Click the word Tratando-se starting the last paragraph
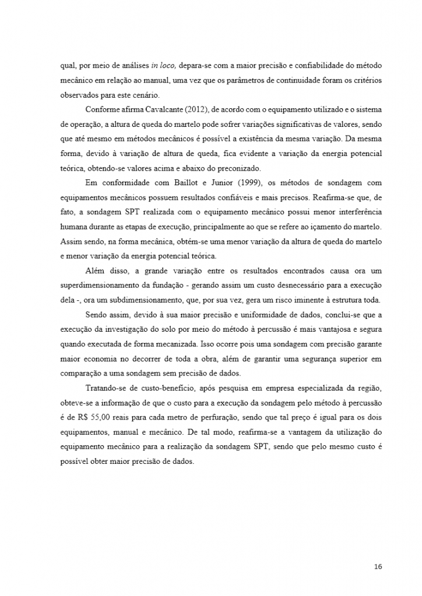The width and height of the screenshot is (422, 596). point(106,387)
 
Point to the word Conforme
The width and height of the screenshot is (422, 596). point(102,109)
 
